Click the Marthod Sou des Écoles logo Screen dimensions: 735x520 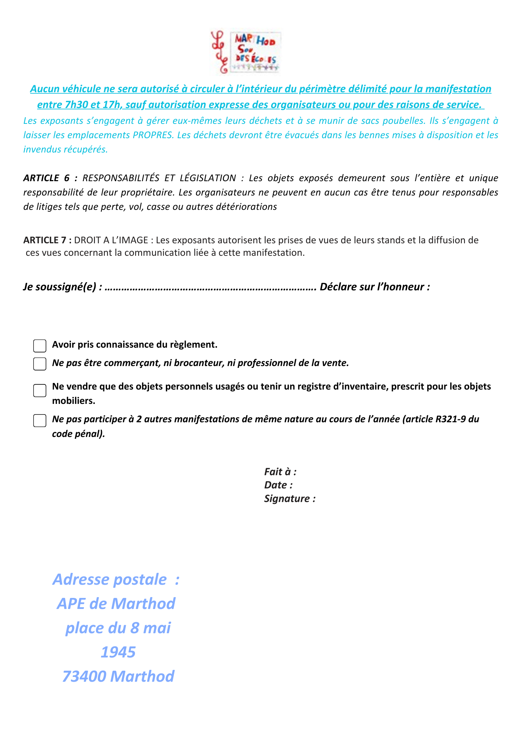tap(246, 52)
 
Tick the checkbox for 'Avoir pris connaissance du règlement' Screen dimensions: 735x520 tap(40, 346)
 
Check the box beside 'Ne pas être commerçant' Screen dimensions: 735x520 tap(40, 364)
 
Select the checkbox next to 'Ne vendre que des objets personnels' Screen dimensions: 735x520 tap(40, 390)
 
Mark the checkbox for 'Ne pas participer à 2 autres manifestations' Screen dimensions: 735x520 tap(40, 420)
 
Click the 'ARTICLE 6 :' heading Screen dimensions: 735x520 tap(50, 178)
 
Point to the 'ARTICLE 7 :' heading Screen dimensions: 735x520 tap(47, 240)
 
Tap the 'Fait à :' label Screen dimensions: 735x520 tap(280, 472)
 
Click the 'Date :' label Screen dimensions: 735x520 tap(278, 485)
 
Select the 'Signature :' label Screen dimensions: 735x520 tap(290, 499)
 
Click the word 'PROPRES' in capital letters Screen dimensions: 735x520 tap(153, 135)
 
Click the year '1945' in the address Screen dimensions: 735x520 tap(118, 652)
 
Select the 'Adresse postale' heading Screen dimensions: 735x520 tap(110, 580)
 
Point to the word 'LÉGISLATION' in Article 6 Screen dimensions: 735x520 tap(208, 178)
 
